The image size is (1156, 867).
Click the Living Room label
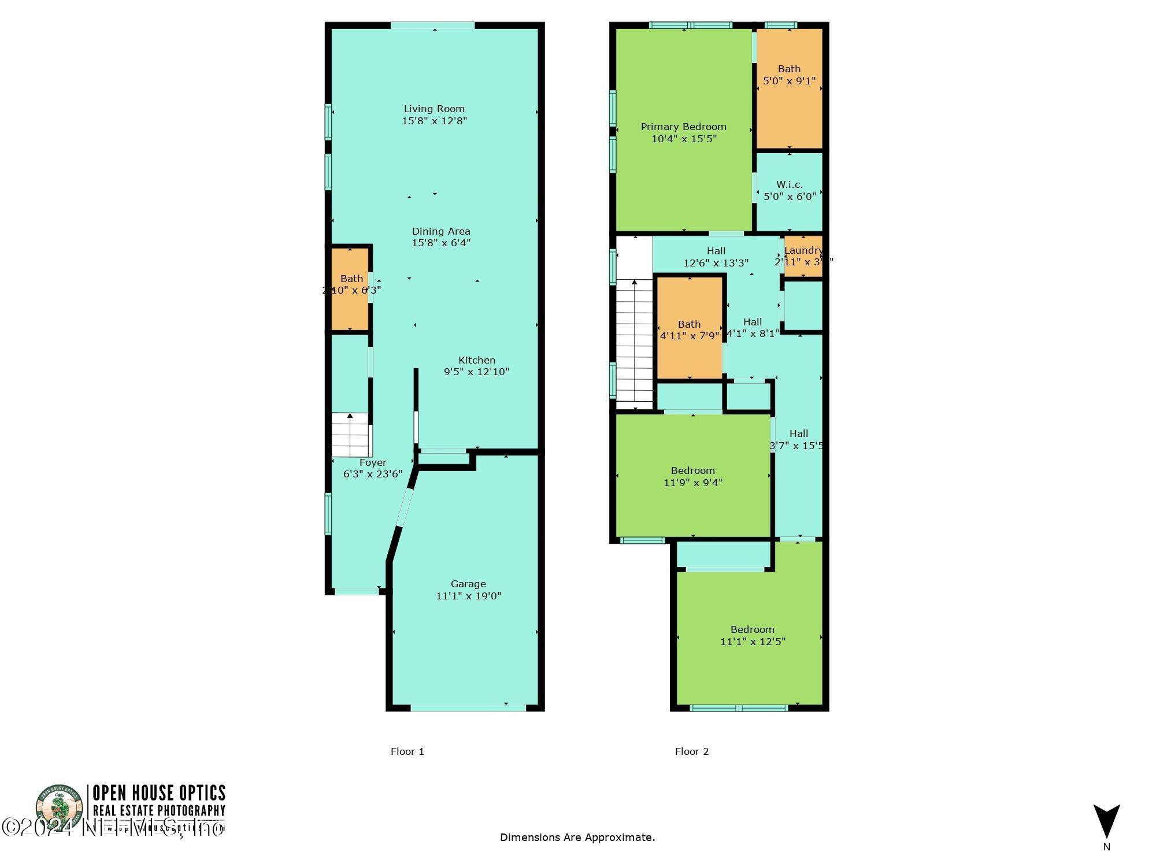(x=434, y=109)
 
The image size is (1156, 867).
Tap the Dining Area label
(x=441, y=231)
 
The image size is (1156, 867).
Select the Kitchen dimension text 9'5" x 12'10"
(x=476, y=372)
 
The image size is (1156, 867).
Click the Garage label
(x=468, y=584)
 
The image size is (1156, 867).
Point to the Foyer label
(x=373, y=462)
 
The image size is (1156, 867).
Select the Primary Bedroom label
(x=684, y=127)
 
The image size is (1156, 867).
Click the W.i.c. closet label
(x=790, y=184)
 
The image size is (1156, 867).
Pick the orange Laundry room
(x=803, y=256)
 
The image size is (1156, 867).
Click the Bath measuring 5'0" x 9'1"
(x=790, y=87)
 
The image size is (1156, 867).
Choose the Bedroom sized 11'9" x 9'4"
(x=693, y=476)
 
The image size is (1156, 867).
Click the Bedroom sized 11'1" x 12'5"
(x=753, y=635)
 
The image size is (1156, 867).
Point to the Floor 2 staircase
(x=635, y=344)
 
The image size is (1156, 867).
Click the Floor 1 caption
(x=407, y=751)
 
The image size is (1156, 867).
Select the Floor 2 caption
(x=692, y=751)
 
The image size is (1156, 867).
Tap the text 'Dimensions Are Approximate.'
(x=577, y=837)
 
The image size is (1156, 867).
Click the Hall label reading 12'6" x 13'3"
(x=716, y=257)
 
